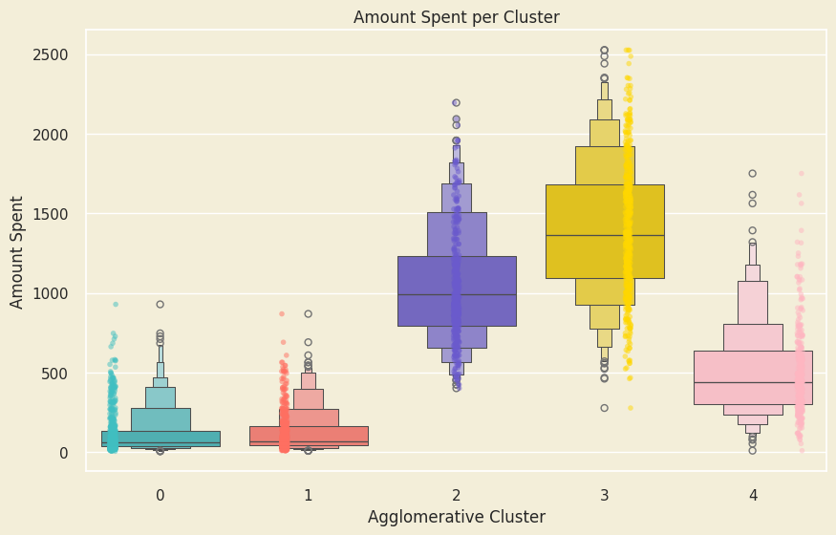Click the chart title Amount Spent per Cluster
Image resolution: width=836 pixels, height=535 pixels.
456,17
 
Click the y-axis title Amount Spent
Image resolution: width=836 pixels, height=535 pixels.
17,251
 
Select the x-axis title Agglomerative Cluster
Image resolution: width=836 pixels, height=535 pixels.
456,517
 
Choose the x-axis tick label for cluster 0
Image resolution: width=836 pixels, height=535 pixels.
160,495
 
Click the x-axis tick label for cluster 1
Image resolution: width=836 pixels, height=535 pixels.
308,495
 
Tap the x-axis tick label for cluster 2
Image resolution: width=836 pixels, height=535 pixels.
457,495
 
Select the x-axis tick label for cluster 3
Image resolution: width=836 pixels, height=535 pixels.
605,495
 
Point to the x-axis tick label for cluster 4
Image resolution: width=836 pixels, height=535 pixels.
753,495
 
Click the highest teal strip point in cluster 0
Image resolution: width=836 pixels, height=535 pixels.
116,304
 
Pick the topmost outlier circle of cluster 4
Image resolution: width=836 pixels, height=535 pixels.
753,173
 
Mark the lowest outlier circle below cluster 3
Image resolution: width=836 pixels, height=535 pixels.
604,408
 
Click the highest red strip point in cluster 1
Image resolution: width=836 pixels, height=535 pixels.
282,313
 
